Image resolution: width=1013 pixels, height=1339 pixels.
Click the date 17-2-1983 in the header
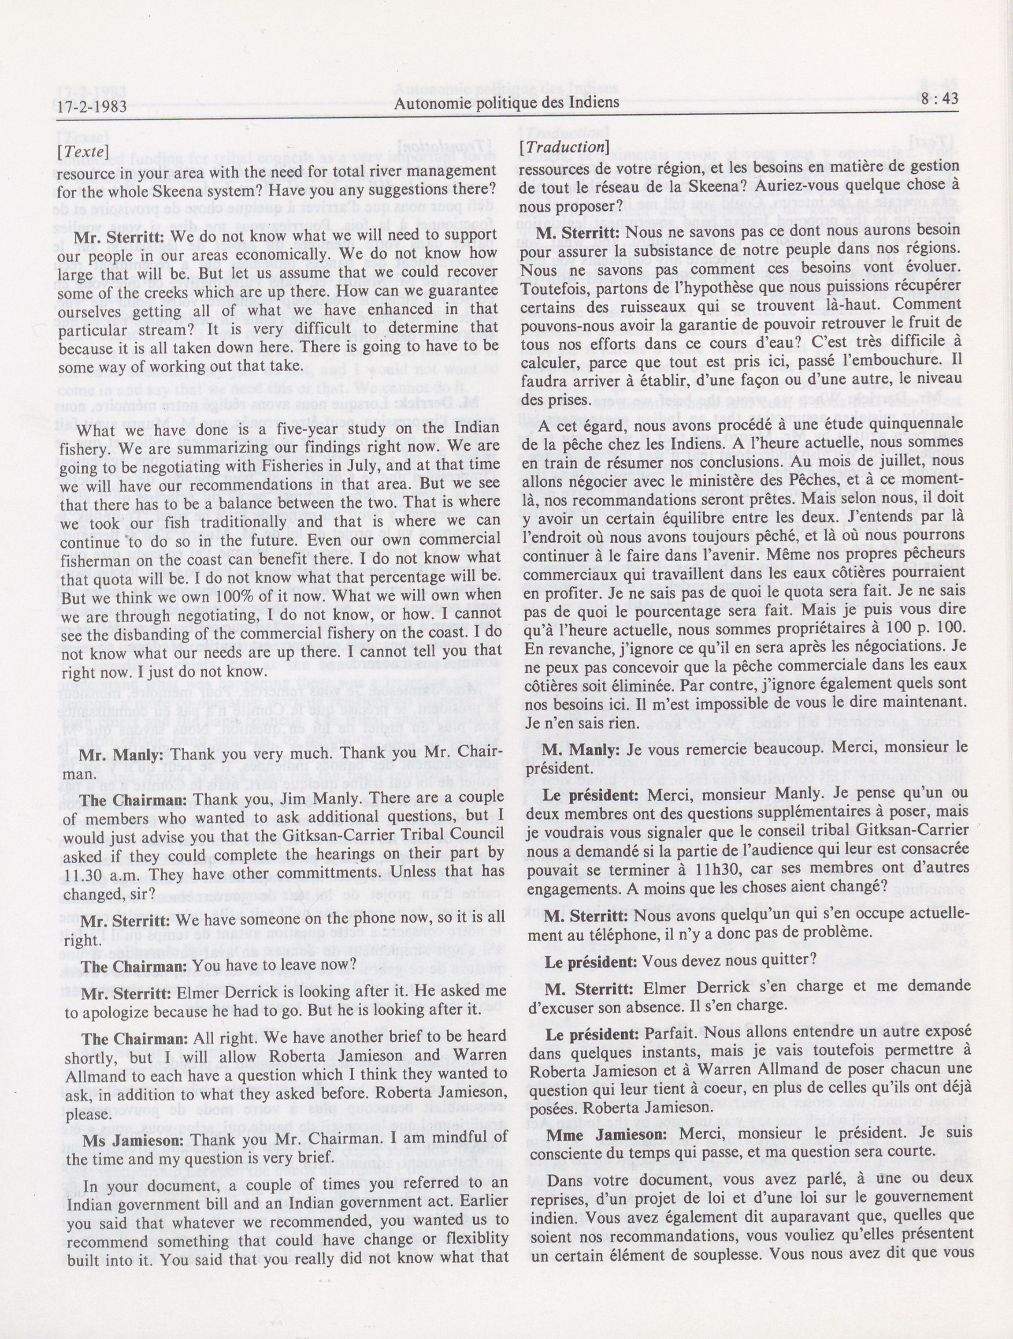coord(92,107)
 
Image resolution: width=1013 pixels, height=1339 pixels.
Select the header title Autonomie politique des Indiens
coord(507,102)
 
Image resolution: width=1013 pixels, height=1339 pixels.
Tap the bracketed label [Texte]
coord(83,151)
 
